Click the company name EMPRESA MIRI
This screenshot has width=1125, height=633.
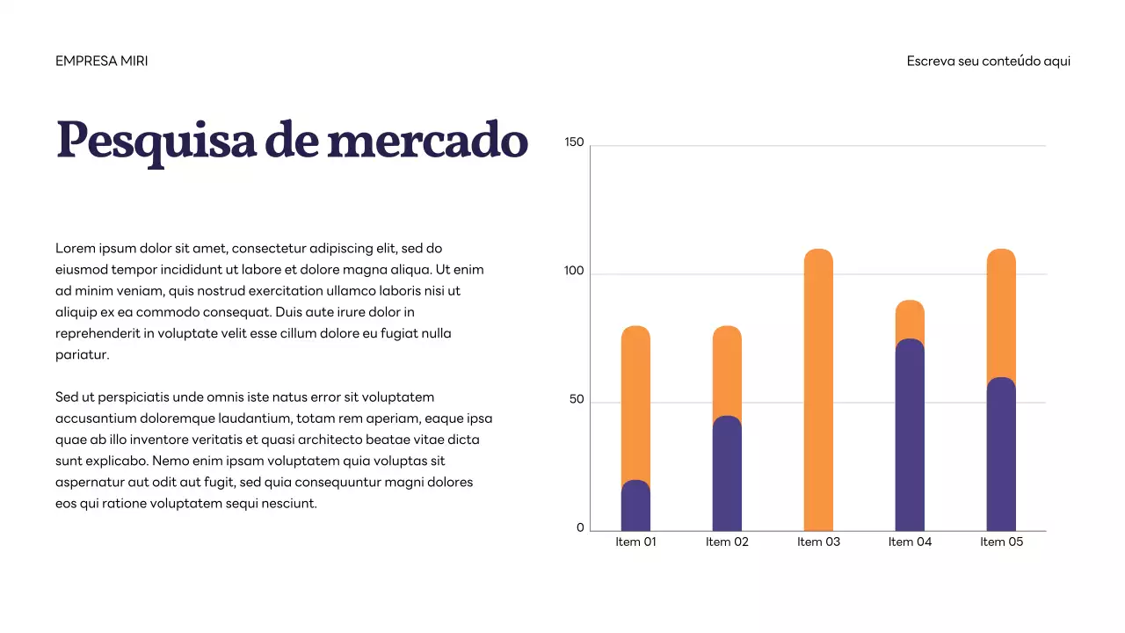pos(101,62)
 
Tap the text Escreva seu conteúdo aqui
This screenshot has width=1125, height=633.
pos(988,62)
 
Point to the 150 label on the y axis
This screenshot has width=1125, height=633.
pos(574,142)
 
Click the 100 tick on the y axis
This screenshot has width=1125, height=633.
pos(574,272)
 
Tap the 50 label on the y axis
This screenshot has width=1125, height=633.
pos(576,400)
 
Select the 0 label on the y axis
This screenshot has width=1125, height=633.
pos(580,528)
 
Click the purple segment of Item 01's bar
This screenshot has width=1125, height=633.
pos(635,508)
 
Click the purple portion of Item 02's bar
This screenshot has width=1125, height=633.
pos(727,475)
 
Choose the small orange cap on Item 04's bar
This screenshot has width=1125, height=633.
pos(910,318)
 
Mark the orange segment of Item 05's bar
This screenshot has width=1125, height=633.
pos(1001,312)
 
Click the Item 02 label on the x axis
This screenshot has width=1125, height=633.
pos(727,542)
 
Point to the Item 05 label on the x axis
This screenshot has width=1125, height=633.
pos(1001,542)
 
